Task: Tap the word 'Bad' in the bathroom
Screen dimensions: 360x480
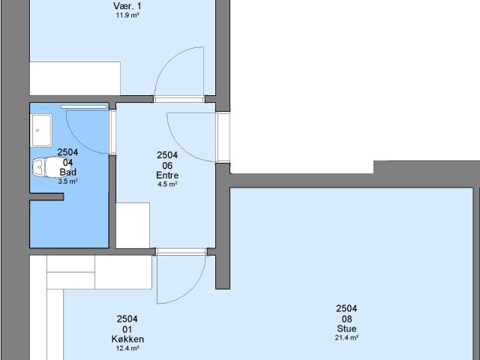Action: pyautogui.click(x=67, y=172)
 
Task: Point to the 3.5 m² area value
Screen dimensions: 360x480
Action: pyautogui.click(x=67, y=181)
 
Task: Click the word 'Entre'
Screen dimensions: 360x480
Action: pyautogui.click(x=166, y=175)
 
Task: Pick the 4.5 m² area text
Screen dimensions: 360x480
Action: pyautogui.click(x=166, y=184)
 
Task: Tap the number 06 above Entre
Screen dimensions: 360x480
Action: pyautogui.click(x=166, y=165)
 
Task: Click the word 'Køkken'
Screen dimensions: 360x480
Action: pyautogui.click(x=127, y=339)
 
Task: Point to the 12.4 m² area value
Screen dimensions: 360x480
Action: pyautogui.click(x=127, y=348)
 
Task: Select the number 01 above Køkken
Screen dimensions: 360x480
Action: pyautogui.click(x=127, y=329)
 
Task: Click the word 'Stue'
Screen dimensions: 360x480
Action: pyautogui.click(x=346, y=328)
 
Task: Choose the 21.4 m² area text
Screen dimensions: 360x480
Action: pyautogui.click(x=346, y=337)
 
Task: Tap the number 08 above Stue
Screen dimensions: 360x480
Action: pyautogui.click(x=346, y=319)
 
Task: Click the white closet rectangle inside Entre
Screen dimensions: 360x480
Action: pyautogui.click(x=133, y=224)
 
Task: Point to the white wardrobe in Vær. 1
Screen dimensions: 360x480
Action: pyautogui.click(x=75, y=79)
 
